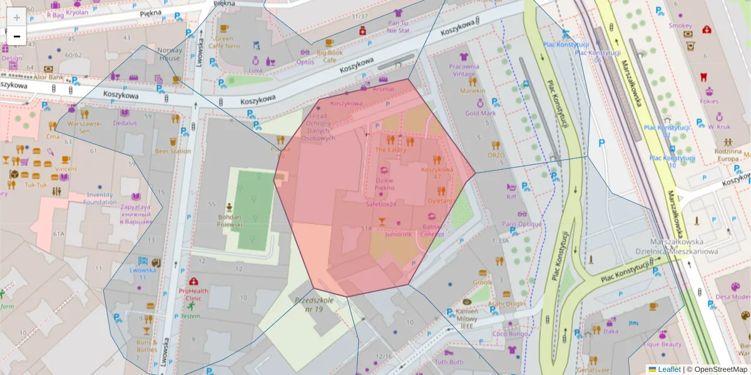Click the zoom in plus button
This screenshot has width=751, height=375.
tap(17, 17)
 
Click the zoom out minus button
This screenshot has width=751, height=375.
tap(17, 36)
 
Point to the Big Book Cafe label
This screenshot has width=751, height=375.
tap(329, 56)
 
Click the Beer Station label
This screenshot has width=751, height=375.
tap(173, 151)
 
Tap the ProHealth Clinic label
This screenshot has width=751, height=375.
tap(194, 294)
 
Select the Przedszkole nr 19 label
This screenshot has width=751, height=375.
tap(317, 305)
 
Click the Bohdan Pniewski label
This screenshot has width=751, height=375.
tap(229, 220)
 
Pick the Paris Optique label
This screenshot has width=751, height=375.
tap(521, 224)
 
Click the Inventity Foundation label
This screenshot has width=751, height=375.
tap(100, 199)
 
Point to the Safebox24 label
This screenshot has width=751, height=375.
tap(385, 204)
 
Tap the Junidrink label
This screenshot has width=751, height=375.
tap(398, 234)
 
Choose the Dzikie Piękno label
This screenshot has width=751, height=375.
tap(384, 184)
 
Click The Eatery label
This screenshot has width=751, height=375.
tap(391, 150)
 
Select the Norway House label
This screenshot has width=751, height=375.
tap(169, 54)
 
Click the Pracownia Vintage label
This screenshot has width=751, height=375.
tap(464, 70)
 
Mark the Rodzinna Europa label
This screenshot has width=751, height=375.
tap(728, 155)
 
